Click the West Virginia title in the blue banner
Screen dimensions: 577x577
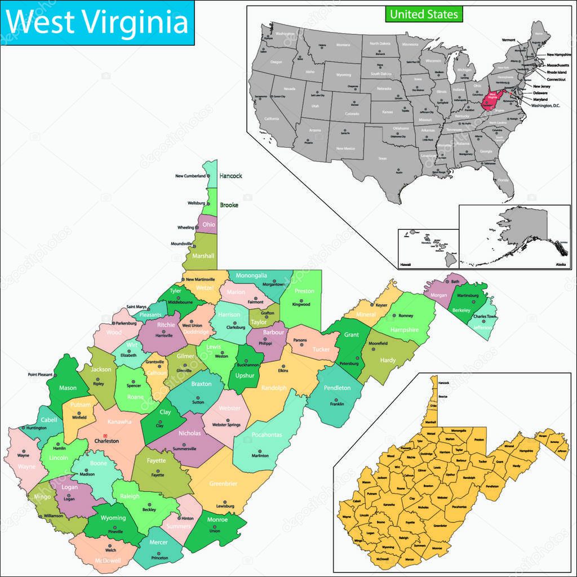click(97, 23)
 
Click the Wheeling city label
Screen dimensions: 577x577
click(185, 228)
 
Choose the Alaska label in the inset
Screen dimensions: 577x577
click(561, 264)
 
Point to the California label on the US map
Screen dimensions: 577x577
click(272, 119)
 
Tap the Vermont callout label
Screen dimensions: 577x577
click(509, 40)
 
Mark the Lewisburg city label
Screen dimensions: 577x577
click(225, 507)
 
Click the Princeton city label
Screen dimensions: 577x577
click(160, 558)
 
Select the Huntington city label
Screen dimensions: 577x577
click(36, 428)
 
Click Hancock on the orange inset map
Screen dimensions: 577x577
click(444, 383)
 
